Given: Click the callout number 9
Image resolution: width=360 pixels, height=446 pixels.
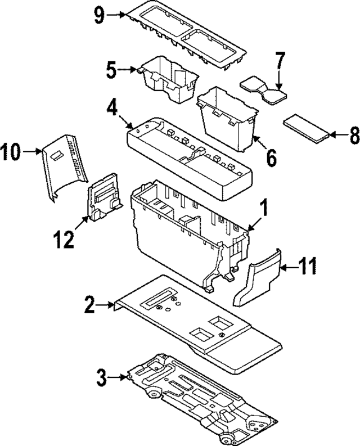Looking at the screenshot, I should (x=100, y=16).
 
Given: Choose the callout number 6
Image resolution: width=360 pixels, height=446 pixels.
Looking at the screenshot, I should (x=272, y=158).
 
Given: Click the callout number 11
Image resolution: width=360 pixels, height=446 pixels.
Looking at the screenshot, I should (x=309, y=266).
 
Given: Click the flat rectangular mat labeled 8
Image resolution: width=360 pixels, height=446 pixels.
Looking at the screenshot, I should (x=307, y=127).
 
